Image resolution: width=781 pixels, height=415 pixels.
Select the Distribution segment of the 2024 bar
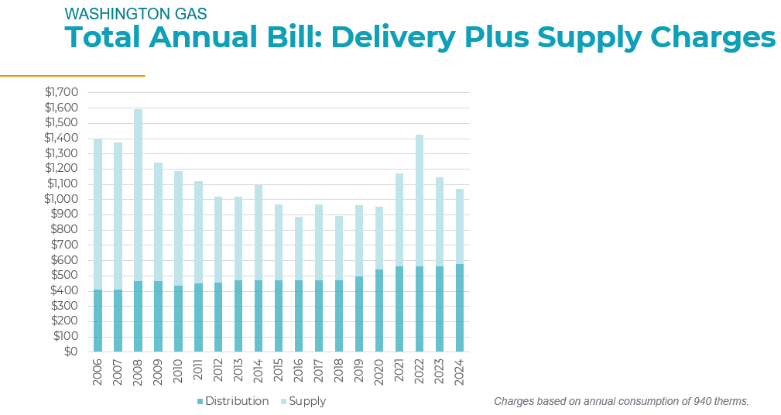tap(460, 308)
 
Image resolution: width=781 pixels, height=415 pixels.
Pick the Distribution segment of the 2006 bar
tap(98, 321)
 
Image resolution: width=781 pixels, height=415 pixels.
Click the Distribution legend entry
tap(233, 401)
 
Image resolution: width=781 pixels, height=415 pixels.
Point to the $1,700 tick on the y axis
tap(61, 92)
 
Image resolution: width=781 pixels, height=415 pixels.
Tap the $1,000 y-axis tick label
tap(61, 199)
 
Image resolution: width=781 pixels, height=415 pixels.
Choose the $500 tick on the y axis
tap(65, 275)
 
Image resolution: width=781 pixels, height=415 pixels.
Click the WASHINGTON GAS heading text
tap(125, 14)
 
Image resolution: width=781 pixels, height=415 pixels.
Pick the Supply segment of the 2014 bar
tap(259, 232)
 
